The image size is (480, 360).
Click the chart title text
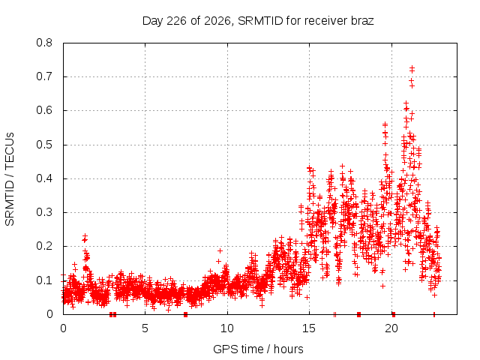click(x=258, y=21)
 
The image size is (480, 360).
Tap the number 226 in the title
click(x=177, y=21)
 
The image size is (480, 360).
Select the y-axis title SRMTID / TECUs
click(x=10, y=179)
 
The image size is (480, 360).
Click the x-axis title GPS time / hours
click(x=258, y=349)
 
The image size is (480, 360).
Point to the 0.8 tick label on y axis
click(x=44, y=43)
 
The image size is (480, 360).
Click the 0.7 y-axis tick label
click(x=44, y=76)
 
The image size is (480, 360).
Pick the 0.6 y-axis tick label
click(x=44, y=110)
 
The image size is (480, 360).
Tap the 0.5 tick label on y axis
click(x=44, y=145)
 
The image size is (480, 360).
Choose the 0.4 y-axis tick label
click(x=44, y=178)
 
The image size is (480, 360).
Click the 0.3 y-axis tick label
click(x=44, y=212)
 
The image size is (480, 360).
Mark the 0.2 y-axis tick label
click(x=44, y=247)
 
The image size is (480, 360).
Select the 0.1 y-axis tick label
click(x=44, y=280)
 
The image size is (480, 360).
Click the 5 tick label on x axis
click(x=145, y=328)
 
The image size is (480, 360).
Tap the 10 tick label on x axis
click(x=227, y=328)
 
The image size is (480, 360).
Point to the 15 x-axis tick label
click(x=309, y=328)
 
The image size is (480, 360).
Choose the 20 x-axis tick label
click(x=391, y=328)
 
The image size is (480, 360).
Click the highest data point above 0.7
click(x=412, y=67)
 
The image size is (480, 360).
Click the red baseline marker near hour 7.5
click(x=185, y=314)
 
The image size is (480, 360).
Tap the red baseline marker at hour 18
click(x=358, y=314)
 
